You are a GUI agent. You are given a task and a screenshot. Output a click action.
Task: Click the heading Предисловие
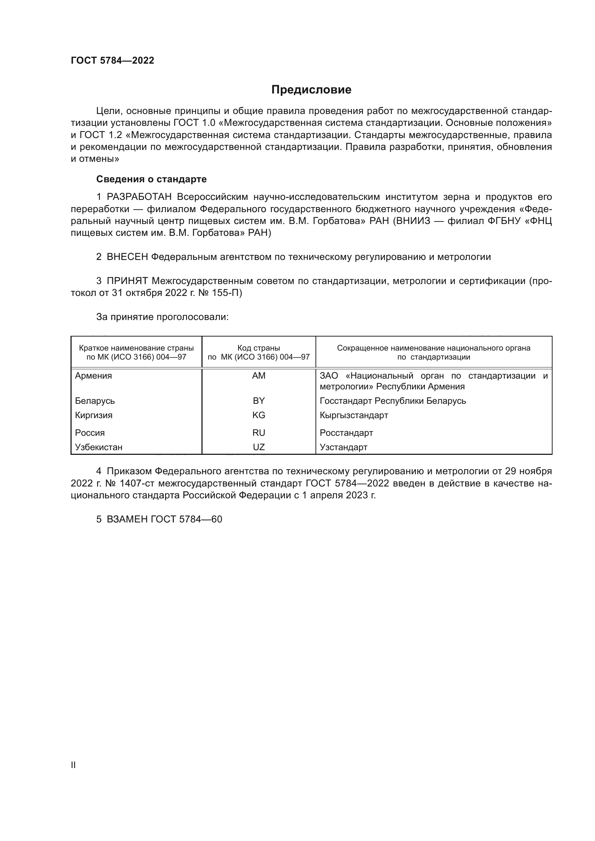(x=311, y=90)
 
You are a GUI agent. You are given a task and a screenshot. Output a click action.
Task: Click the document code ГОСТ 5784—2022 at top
(x=113, y=60)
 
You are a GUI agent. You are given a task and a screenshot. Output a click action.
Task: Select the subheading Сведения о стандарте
(x=151, y=179)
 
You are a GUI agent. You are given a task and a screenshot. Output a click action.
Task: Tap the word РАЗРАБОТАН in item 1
(x=139, y=197)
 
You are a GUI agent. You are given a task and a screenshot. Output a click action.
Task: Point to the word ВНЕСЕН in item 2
(x=127, y=257)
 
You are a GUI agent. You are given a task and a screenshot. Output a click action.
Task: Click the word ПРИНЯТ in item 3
(x=127, y=281)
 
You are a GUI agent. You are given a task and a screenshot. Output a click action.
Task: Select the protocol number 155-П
(x=227, y=293)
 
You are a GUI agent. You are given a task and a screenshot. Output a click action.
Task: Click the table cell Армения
(x=94, y=376)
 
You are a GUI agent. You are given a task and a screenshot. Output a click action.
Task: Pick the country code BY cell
(x=259, y=401)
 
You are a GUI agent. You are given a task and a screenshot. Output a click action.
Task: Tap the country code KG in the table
(x=259, y=415)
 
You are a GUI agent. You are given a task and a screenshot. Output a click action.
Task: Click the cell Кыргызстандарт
(x=354, y=415)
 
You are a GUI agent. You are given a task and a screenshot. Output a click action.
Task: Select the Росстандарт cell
(x=346, y=433)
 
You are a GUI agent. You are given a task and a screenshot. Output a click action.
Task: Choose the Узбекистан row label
(x=99, y=447)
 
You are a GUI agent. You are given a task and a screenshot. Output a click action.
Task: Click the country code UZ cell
(x=259, y=447)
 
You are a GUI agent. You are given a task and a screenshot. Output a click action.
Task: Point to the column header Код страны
(x=259, y=348)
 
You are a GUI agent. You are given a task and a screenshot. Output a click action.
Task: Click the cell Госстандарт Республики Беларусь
(x=393, y=401)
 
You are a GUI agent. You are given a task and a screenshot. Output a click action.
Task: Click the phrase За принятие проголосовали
(x=162, y=317)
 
